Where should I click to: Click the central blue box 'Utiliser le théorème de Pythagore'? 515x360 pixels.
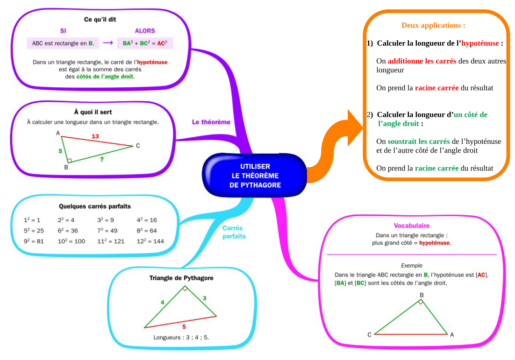click(x=255, y=176)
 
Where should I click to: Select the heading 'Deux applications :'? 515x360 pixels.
click(x=433, y=26)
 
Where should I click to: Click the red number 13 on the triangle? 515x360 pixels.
click(x=95, y=136)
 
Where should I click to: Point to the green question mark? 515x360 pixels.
click(x=101, y=159)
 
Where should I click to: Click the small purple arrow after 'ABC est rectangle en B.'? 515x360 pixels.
click(x=108, y=43)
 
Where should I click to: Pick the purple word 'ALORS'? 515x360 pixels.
click(x=144, y=31)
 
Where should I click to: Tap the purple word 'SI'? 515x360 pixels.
click(x=63, y=31)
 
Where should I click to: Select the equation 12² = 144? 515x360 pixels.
click(x=150, y=241)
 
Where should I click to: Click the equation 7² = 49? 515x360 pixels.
click(x=107, y=231)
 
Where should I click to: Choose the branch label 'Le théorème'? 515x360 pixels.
click(x=211, y=122)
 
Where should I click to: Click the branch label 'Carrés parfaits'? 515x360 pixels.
click(x=234, y=232)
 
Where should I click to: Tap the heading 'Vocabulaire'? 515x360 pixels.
click(x=411, y=226)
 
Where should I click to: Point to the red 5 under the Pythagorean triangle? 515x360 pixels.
click(x=184, y=326)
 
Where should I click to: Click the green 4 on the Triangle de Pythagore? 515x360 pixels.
click(x=163, y=302)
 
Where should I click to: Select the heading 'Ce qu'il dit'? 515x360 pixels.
click(x=100, y=20)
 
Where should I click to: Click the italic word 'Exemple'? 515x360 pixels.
click(x=411, y=266)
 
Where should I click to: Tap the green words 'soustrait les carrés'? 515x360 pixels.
click(x=419, y=141)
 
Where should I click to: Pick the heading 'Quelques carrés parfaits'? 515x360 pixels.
click(x=95, y=206)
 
